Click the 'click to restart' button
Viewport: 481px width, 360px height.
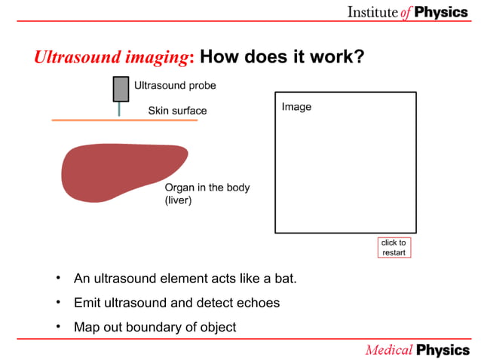pyautogui.click(x=394, y=248)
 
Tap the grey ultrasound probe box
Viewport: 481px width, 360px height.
pyautogui.click(x=120, y=89)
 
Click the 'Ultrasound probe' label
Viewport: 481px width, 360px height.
pyautogui.click(x=175, y=86)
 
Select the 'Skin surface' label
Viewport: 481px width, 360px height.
pyautogui.click(x=177, y=111)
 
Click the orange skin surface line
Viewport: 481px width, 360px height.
pyautogui.click(x=83, y=120)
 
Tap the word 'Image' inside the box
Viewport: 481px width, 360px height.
pyautogui.click(x=296, y=107)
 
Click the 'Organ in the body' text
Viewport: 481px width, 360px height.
pyautogui.click(x=207, y=188)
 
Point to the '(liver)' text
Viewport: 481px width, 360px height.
pyautogui.click(x=179, y=201)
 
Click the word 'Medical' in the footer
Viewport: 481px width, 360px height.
pyautogui.click(x=388, y=350)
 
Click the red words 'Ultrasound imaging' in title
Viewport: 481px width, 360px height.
pyautogui.click(x=113, y=58)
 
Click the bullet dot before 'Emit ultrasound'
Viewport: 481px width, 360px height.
pyautogui.click(x=57, y=303)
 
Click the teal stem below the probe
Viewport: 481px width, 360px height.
pyautogui.click(x=119, y=109)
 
